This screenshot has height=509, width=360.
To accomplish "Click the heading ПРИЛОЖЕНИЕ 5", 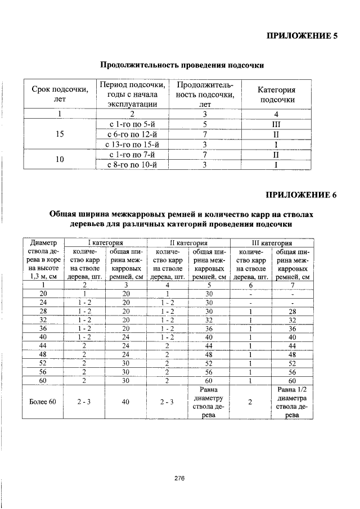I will [301, 36].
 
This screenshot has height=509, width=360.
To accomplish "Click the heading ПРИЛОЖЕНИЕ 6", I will [301, 195].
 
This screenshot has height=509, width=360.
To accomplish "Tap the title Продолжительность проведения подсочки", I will [182, 66].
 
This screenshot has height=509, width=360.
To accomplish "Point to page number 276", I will [179, 478].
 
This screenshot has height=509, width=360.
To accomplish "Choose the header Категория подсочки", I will [276, 94].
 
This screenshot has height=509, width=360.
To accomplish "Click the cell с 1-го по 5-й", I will [132, 124].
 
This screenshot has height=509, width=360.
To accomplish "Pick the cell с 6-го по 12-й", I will [132, 134].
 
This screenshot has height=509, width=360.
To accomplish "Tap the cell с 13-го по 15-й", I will [132, 145].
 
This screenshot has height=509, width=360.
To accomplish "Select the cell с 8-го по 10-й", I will [132, 165].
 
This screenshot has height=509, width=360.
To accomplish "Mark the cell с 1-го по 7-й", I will [132, 155].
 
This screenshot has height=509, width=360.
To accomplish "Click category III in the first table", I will [276, 124].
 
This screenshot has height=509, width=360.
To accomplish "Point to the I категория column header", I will [105, 243].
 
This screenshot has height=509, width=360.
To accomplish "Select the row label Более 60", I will [43, 402].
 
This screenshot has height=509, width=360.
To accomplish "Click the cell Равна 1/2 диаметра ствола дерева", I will [293, 402].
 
